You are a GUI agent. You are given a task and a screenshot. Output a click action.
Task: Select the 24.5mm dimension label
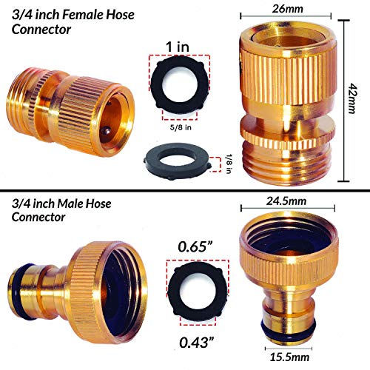[x=284, y=201]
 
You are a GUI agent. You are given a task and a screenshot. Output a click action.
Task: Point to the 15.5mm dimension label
[x=283, y=357]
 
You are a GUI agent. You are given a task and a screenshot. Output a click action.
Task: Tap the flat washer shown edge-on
[x=177, y=160]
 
